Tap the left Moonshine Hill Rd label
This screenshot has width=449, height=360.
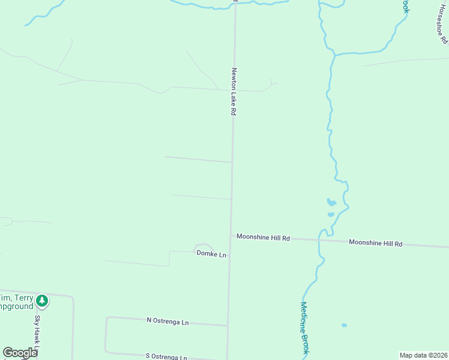(x=263, y=238)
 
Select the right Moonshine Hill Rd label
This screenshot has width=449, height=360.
(x=375, y=243)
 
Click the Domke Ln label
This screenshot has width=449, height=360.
(x=211, y=254)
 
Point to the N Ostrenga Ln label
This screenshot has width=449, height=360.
(x=167, y=322)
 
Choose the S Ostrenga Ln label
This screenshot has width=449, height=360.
(x=167, y=356)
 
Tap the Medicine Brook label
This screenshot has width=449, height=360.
(x=304, y=327)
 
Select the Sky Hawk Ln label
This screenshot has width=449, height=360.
(x=37, y=333)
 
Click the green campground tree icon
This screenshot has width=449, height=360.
(x=41, y=300)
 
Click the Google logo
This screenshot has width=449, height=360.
(x=20, y=353)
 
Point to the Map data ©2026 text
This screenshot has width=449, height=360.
(x=424, y=355)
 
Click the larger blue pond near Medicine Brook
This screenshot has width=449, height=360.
(x=331, y=202)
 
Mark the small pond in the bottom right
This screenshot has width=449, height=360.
(x=344, y=325)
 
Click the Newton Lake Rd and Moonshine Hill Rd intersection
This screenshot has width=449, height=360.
(x=231, y=235)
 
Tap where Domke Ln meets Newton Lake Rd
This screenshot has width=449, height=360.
(x=229, y=254)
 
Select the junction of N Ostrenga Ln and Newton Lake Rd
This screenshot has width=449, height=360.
(x=228, y=325)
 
